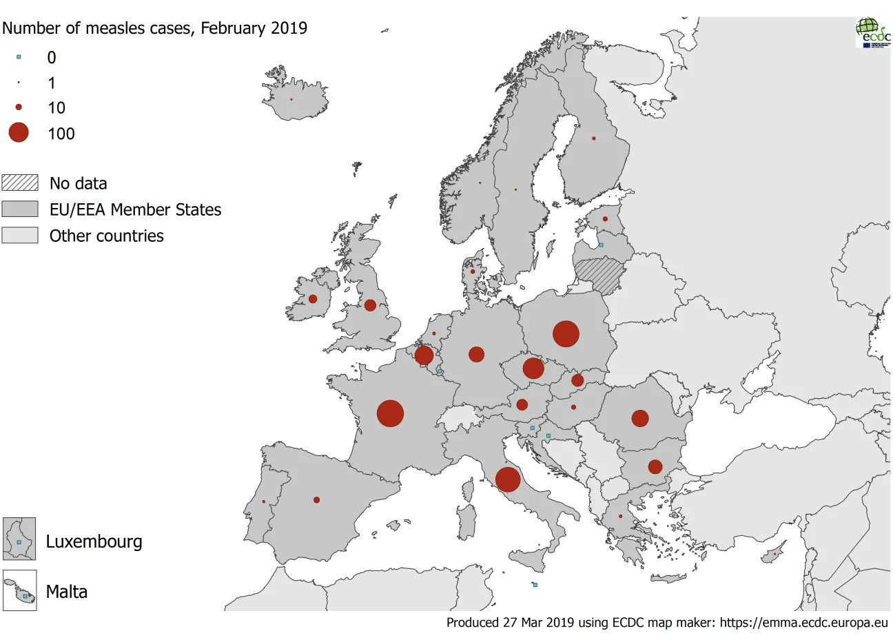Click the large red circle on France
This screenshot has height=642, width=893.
(x=390, y=413)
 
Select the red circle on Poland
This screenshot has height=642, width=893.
(x=566, y=334)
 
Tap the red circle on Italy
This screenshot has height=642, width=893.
(x=508, y=479)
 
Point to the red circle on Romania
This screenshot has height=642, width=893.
(x=640, y=418)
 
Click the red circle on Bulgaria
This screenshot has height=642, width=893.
(x=655, y=467)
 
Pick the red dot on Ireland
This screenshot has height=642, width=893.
(x=313, y=299)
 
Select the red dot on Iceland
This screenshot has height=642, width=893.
(x=291, y=100)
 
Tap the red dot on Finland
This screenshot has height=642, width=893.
(x=594, y=138)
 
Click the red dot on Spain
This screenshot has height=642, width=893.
(x=317, y=500)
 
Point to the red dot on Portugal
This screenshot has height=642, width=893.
(x=264, y=501)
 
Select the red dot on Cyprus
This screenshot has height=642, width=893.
(x=775, y=554)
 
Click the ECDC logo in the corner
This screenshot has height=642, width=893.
(x=873, y=32)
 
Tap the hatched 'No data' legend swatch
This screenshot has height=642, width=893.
(x=20, y=183)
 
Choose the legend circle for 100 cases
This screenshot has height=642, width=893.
(x=19, y=133)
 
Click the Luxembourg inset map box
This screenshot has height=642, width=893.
(x=19, y=539)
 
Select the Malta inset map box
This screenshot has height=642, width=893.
(x=19, y=591)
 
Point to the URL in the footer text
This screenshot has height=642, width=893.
(x=804, y=623)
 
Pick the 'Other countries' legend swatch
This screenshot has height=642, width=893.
(x=20, y=236)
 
